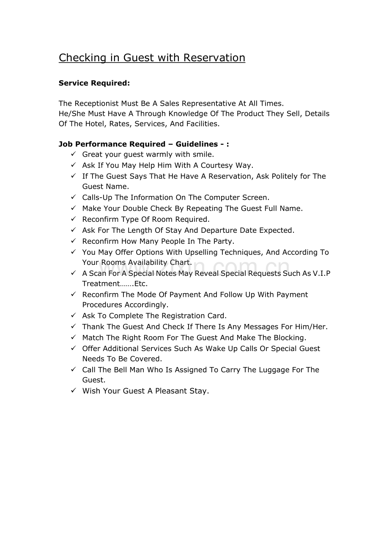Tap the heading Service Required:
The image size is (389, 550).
(x=94, y=83)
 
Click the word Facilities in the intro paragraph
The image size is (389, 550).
(x=203, y=124)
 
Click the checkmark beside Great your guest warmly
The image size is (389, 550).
(x=74, y=154)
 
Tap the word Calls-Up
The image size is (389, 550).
(x=97, y=197)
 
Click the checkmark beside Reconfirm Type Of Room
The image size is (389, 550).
(x=74, y=219)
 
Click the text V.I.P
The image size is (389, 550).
(x=321, y=273)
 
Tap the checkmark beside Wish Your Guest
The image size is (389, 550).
(x=74, y=391)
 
